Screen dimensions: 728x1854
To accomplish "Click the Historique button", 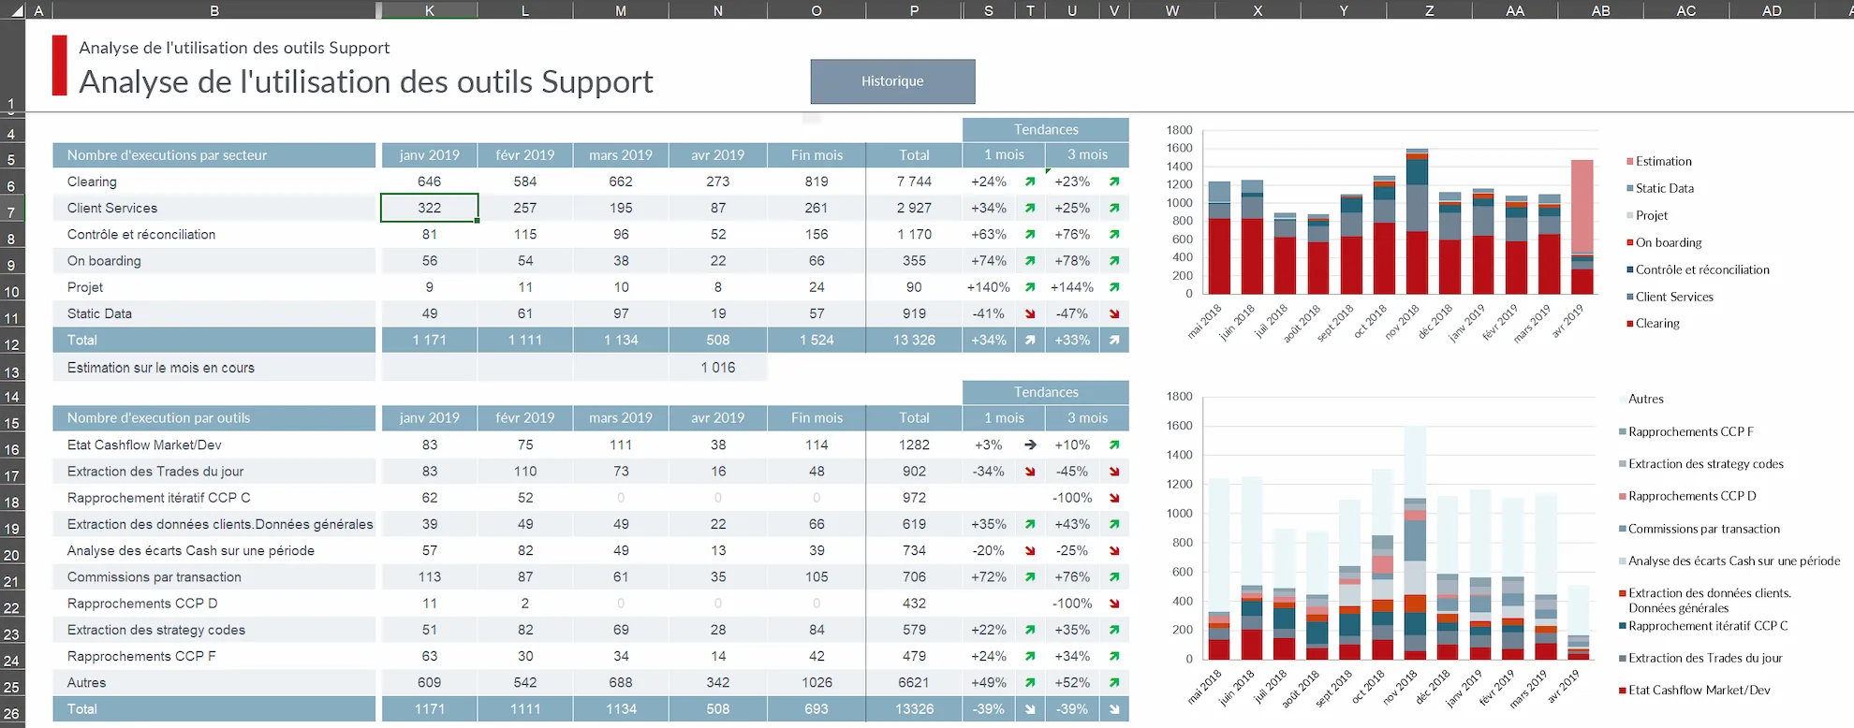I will pos(892,81).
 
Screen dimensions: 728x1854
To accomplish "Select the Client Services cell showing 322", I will pos(429,208).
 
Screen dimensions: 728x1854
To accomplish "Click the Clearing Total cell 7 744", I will pos(913,182).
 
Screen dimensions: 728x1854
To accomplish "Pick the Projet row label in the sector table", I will pos(85,287).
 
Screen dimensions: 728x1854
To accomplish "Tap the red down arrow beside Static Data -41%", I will pos(1030,314).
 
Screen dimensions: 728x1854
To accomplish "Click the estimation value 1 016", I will pos(717,368).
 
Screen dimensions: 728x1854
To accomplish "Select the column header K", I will pos(429,10).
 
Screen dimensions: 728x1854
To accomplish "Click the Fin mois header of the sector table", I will pos(816,155).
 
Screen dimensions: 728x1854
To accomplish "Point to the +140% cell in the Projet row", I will pos(988,287).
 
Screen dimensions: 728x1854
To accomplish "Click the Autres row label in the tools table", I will pos(86,683).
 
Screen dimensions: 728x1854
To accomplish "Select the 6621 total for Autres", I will pos(913,683).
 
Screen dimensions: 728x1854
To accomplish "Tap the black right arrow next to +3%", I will pos(1030,445).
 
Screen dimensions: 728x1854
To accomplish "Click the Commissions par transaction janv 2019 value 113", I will pos(429,577).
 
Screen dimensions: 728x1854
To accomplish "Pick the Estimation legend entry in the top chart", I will pos(1663,161).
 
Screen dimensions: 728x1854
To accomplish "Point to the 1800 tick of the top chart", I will pos(1179,130).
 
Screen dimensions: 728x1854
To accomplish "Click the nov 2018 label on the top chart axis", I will pos(1403,321).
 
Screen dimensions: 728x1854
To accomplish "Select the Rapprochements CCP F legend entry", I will pos(1690,431).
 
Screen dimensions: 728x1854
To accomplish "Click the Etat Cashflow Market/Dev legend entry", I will pos(1699,691).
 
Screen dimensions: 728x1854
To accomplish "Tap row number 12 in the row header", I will pos(11,344).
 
